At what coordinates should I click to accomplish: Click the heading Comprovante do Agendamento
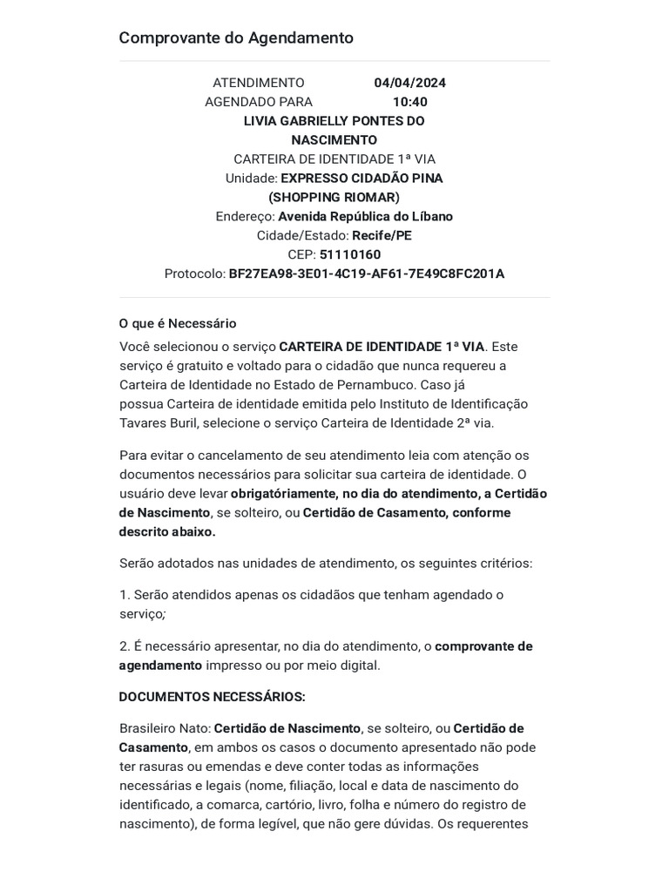(x=236, y=38)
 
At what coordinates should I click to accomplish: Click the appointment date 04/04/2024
(x=409, y=83)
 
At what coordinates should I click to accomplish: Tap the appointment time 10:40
(x=409, y=102)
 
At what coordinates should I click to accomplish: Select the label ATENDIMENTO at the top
(x=259, y=83)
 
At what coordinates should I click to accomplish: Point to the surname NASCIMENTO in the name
(x=334, y=140)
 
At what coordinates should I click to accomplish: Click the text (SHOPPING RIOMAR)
(x=334, y=197)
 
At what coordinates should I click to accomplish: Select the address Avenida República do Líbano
(x=365, y=216)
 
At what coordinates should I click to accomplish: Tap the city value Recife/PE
(x=382, y=235)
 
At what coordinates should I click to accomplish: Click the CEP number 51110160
(x=350, y=254)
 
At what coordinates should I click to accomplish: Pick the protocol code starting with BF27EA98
(x=366, y=274)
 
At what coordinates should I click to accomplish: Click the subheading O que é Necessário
(x=178, y=323)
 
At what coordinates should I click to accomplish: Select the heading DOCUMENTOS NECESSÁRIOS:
(x=213, y=697)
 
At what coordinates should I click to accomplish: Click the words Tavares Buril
(x=159, y=422)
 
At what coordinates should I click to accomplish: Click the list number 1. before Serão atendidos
(x=125, y=595)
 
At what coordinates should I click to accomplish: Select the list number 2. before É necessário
(x=125, y=646)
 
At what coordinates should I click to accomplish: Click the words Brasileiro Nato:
(x=165, y=728)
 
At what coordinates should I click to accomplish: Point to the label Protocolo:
(x=194, y=274)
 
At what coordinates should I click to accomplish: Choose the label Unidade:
(x=251, y=179)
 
